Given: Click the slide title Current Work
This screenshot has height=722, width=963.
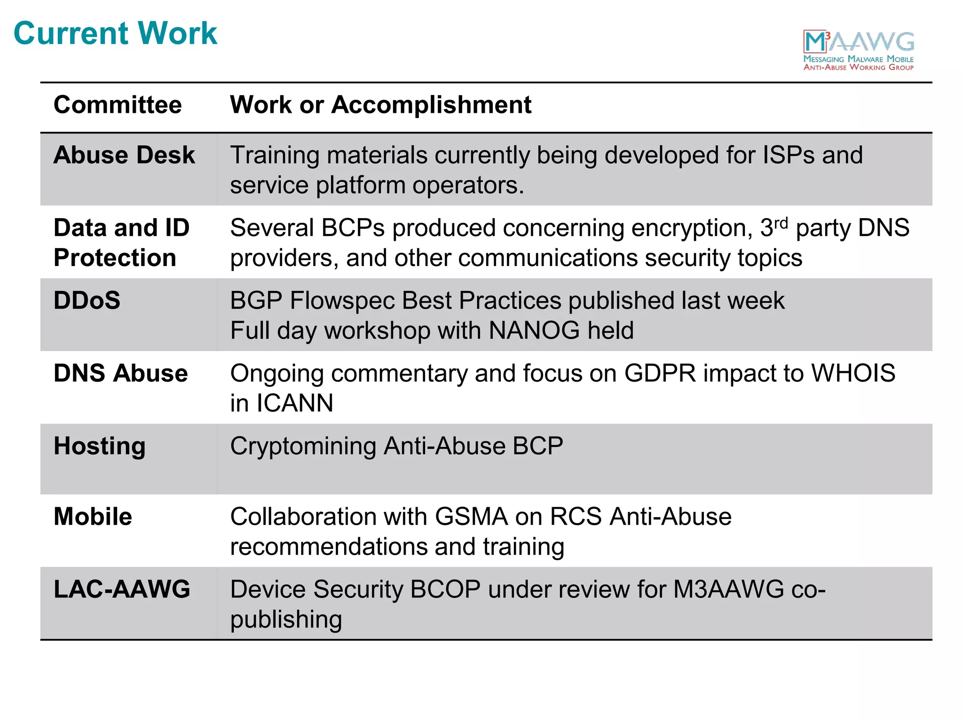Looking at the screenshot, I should (115, 33).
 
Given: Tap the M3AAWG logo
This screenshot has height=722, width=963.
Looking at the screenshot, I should (859, 50).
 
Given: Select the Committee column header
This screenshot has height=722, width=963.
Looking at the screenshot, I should (118, 104).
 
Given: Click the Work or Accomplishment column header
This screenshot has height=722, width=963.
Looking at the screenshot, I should (380, 104).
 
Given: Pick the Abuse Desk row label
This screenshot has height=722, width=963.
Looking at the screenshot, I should (124, 155).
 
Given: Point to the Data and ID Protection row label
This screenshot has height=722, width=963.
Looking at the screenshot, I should (121, 243).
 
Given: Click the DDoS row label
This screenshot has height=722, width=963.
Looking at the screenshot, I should (87, 300).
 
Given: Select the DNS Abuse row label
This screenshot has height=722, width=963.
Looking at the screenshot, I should (121, 373).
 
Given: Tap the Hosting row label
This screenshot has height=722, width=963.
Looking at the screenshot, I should (100, 446).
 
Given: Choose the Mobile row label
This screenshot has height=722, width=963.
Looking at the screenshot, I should (93, 517).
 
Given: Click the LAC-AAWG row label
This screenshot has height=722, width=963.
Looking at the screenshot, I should (122, 589).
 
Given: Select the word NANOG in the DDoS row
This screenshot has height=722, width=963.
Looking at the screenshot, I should (534, 330).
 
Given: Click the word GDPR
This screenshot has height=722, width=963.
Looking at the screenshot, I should (660, 374).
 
